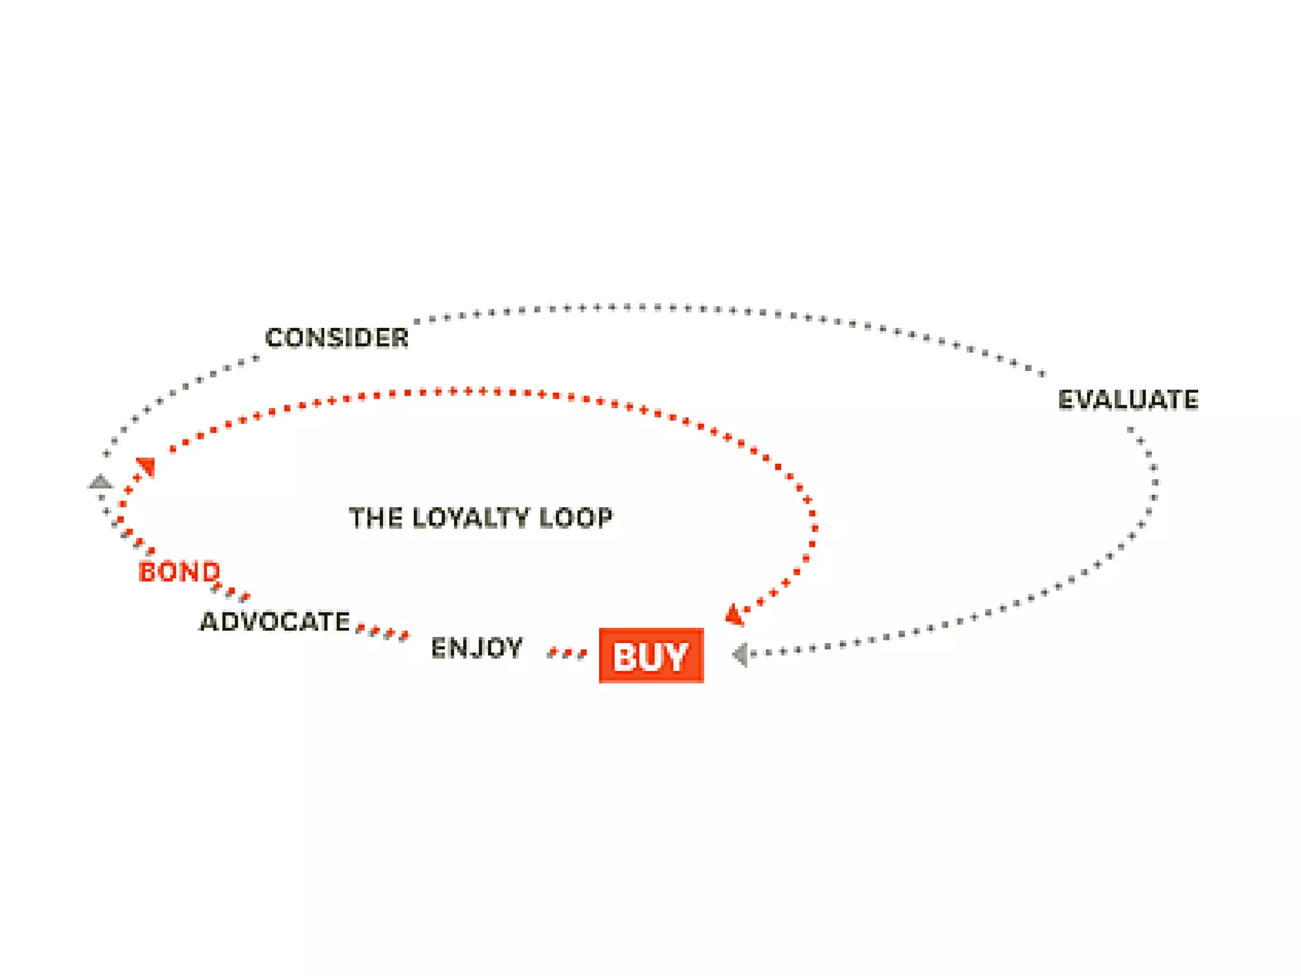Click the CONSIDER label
coord(337,337)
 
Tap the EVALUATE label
coord(1128,400)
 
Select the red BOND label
coord(179,572)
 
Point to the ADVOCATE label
coord(275,621)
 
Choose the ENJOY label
coord(476,648)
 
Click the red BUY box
coord(651,656)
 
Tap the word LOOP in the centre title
coord(576,518)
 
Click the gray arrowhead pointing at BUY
coord(739,654)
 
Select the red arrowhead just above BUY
coord(734,615)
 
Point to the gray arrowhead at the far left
coord(100,482)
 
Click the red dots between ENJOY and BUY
coord(567,653)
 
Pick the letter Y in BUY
coord(675,657)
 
